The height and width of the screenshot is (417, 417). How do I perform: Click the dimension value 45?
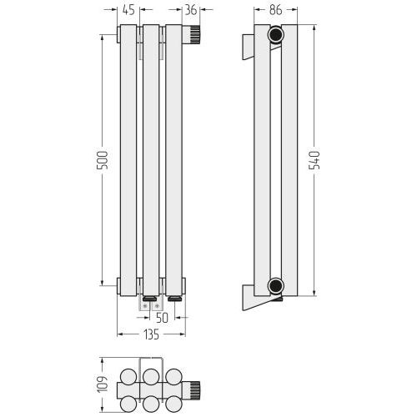click(x=128, y=10)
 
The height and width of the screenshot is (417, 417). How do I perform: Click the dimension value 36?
click(x=191, y=10)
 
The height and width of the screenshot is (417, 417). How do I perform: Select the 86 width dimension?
click(x=276, y=10)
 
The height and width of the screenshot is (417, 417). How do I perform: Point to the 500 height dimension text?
click(x=102, y=160)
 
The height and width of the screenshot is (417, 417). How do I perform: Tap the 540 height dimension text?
click(x=314, y=160)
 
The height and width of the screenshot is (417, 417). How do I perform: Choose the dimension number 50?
click(x=162, y=318)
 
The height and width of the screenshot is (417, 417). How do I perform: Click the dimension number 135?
click(x=152, y=334)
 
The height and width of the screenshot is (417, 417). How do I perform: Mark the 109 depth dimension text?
click(x=103, y=384)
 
